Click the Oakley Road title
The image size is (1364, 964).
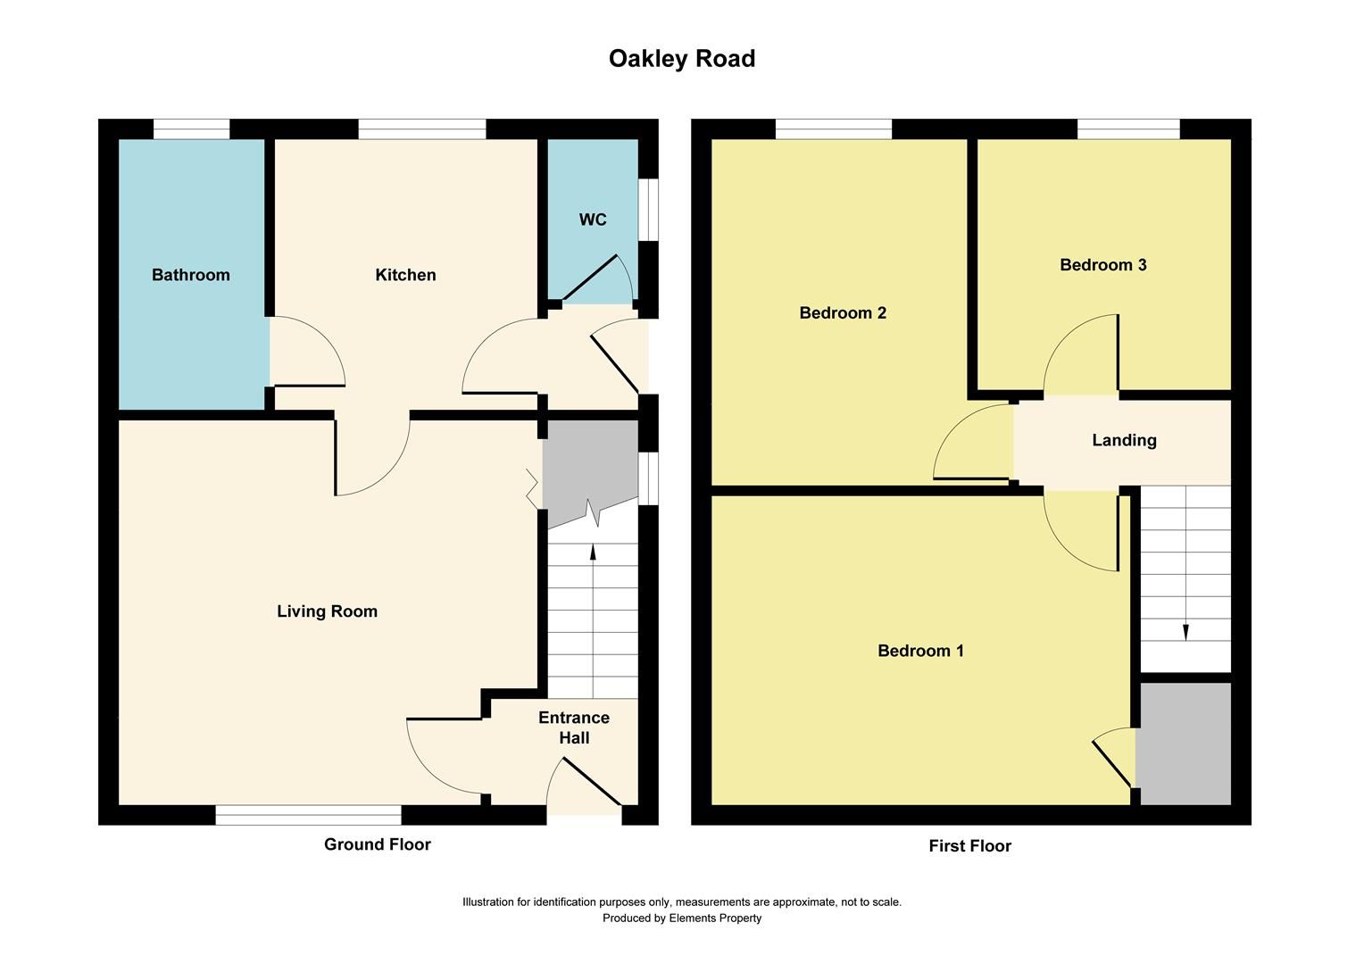pos(682,59)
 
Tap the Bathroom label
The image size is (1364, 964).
pos(190,275)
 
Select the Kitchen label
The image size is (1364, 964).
pos(405,275)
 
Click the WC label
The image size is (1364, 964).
pos(593,220)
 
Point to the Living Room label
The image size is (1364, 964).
pos(327,611)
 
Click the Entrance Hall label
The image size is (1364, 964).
pos(574,727)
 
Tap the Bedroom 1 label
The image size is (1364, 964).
pos(920,651)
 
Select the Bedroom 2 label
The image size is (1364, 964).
pos(842,313)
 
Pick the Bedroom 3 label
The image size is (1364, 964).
pos(1102,265)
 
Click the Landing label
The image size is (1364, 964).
pos(1124,440)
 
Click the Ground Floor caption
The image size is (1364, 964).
pos(377,844)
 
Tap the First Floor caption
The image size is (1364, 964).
pos(969,846)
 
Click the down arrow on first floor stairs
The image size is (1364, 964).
pos(1185,632)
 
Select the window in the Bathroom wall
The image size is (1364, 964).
pos(191,130)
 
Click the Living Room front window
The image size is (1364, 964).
pos(308,815)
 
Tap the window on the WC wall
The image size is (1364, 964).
pos(649,210)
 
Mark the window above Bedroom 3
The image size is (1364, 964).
pos(1128,130)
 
